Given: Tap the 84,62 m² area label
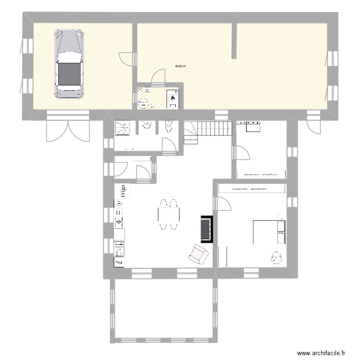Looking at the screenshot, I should tap(181, 66).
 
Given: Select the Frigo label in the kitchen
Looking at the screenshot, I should tap(123, 191).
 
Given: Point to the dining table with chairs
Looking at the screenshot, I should tap(168, 214).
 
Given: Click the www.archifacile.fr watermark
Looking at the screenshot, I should tap(321, 352).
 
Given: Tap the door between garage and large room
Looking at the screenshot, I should tap(126, 59).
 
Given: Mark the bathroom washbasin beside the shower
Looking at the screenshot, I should tap(146, 126).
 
